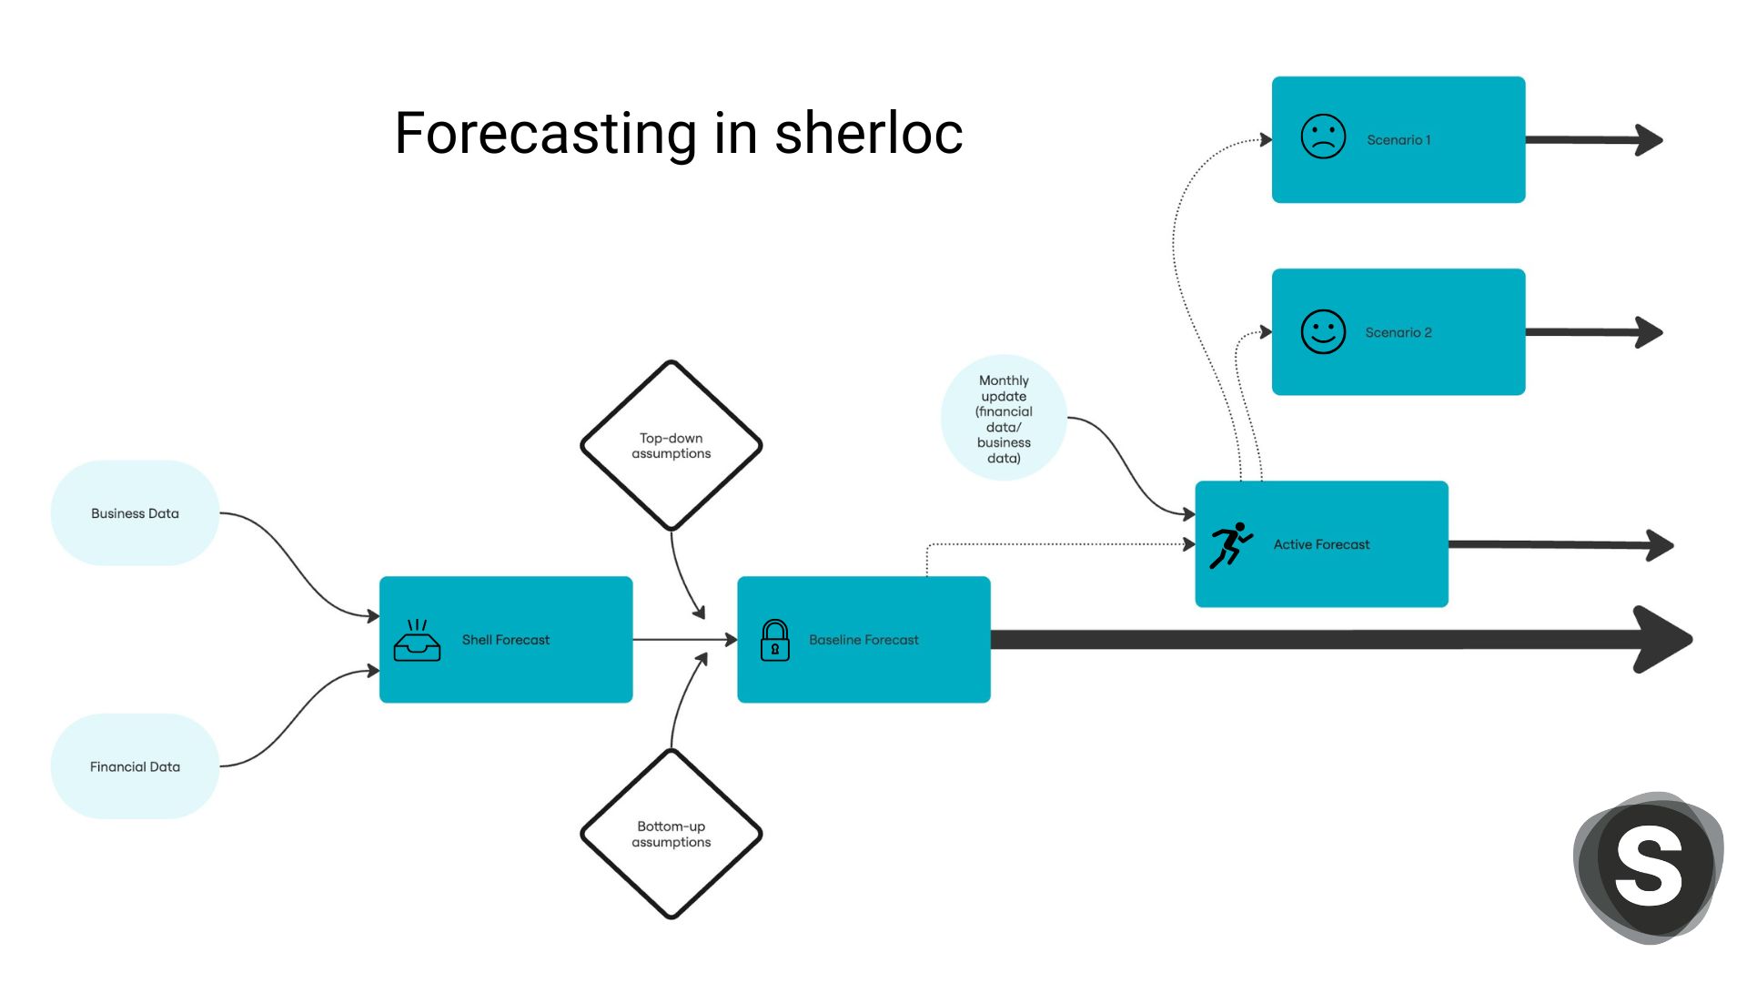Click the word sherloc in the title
point(868,134)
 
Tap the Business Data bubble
point(135,513)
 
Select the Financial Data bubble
point(135,766)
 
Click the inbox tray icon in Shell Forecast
point(417,640)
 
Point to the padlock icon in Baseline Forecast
point(774,640)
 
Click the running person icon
point(1231,545)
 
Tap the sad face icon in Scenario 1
point(1323,137)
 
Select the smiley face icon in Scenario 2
point(1323,331)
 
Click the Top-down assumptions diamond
point(672,445)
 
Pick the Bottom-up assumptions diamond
point(672,834)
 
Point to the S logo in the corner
point(1649,866)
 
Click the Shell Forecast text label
point(506,640)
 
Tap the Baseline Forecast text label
point(863,640)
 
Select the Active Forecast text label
point(1321,544)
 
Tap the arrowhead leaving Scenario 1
point(1649,140)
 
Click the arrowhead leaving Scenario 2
point(1649,332)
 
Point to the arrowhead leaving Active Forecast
point(1660,545)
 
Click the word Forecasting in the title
point(546,134)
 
